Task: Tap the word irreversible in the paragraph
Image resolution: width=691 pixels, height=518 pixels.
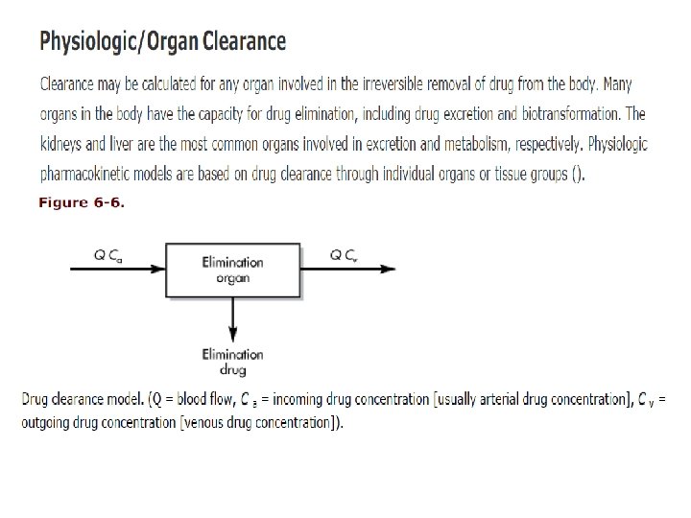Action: tap(403, 84)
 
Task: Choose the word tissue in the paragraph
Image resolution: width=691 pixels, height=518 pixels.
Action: tap(488, 175)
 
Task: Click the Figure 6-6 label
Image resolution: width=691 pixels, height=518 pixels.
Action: tap(82, 202)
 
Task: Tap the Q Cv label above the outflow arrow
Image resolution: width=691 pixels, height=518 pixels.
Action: tap(345, 255)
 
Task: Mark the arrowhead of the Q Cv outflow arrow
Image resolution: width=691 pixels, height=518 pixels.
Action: tap(388, 269)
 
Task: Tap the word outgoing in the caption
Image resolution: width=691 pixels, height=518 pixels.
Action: tap(47, 423)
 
